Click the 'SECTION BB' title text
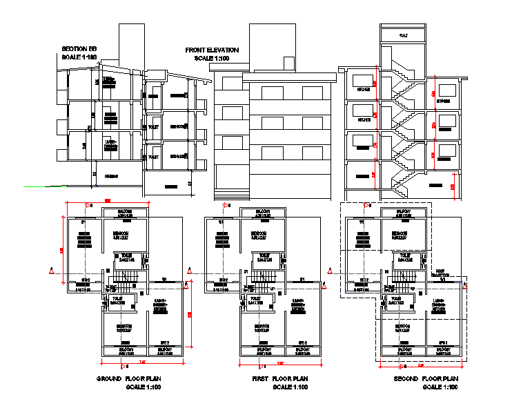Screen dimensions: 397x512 tap(79, 48)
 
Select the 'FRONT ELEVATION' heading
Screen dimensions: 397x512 tap(212, 50)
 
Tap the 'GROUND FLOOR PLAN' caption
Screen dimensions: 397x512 tap(129, 379)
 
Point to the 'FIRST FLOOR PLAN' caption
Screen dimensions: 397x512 tap(279, 379)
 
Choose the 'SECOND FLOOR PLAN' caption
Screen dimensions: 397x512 tap(426, 379)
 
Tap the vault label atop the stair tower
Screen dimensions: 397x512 tap(404, 35)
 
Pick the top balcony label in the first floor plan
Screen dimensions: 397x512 tap(263, 213)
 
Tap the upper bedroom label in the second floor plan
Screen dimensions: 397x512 tap(400, 234)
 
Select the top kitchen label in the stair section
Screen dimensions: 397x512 tap(362, 90)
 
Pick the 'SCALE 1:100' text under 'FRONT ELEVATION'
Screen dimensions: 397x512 tap(213, 59)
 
